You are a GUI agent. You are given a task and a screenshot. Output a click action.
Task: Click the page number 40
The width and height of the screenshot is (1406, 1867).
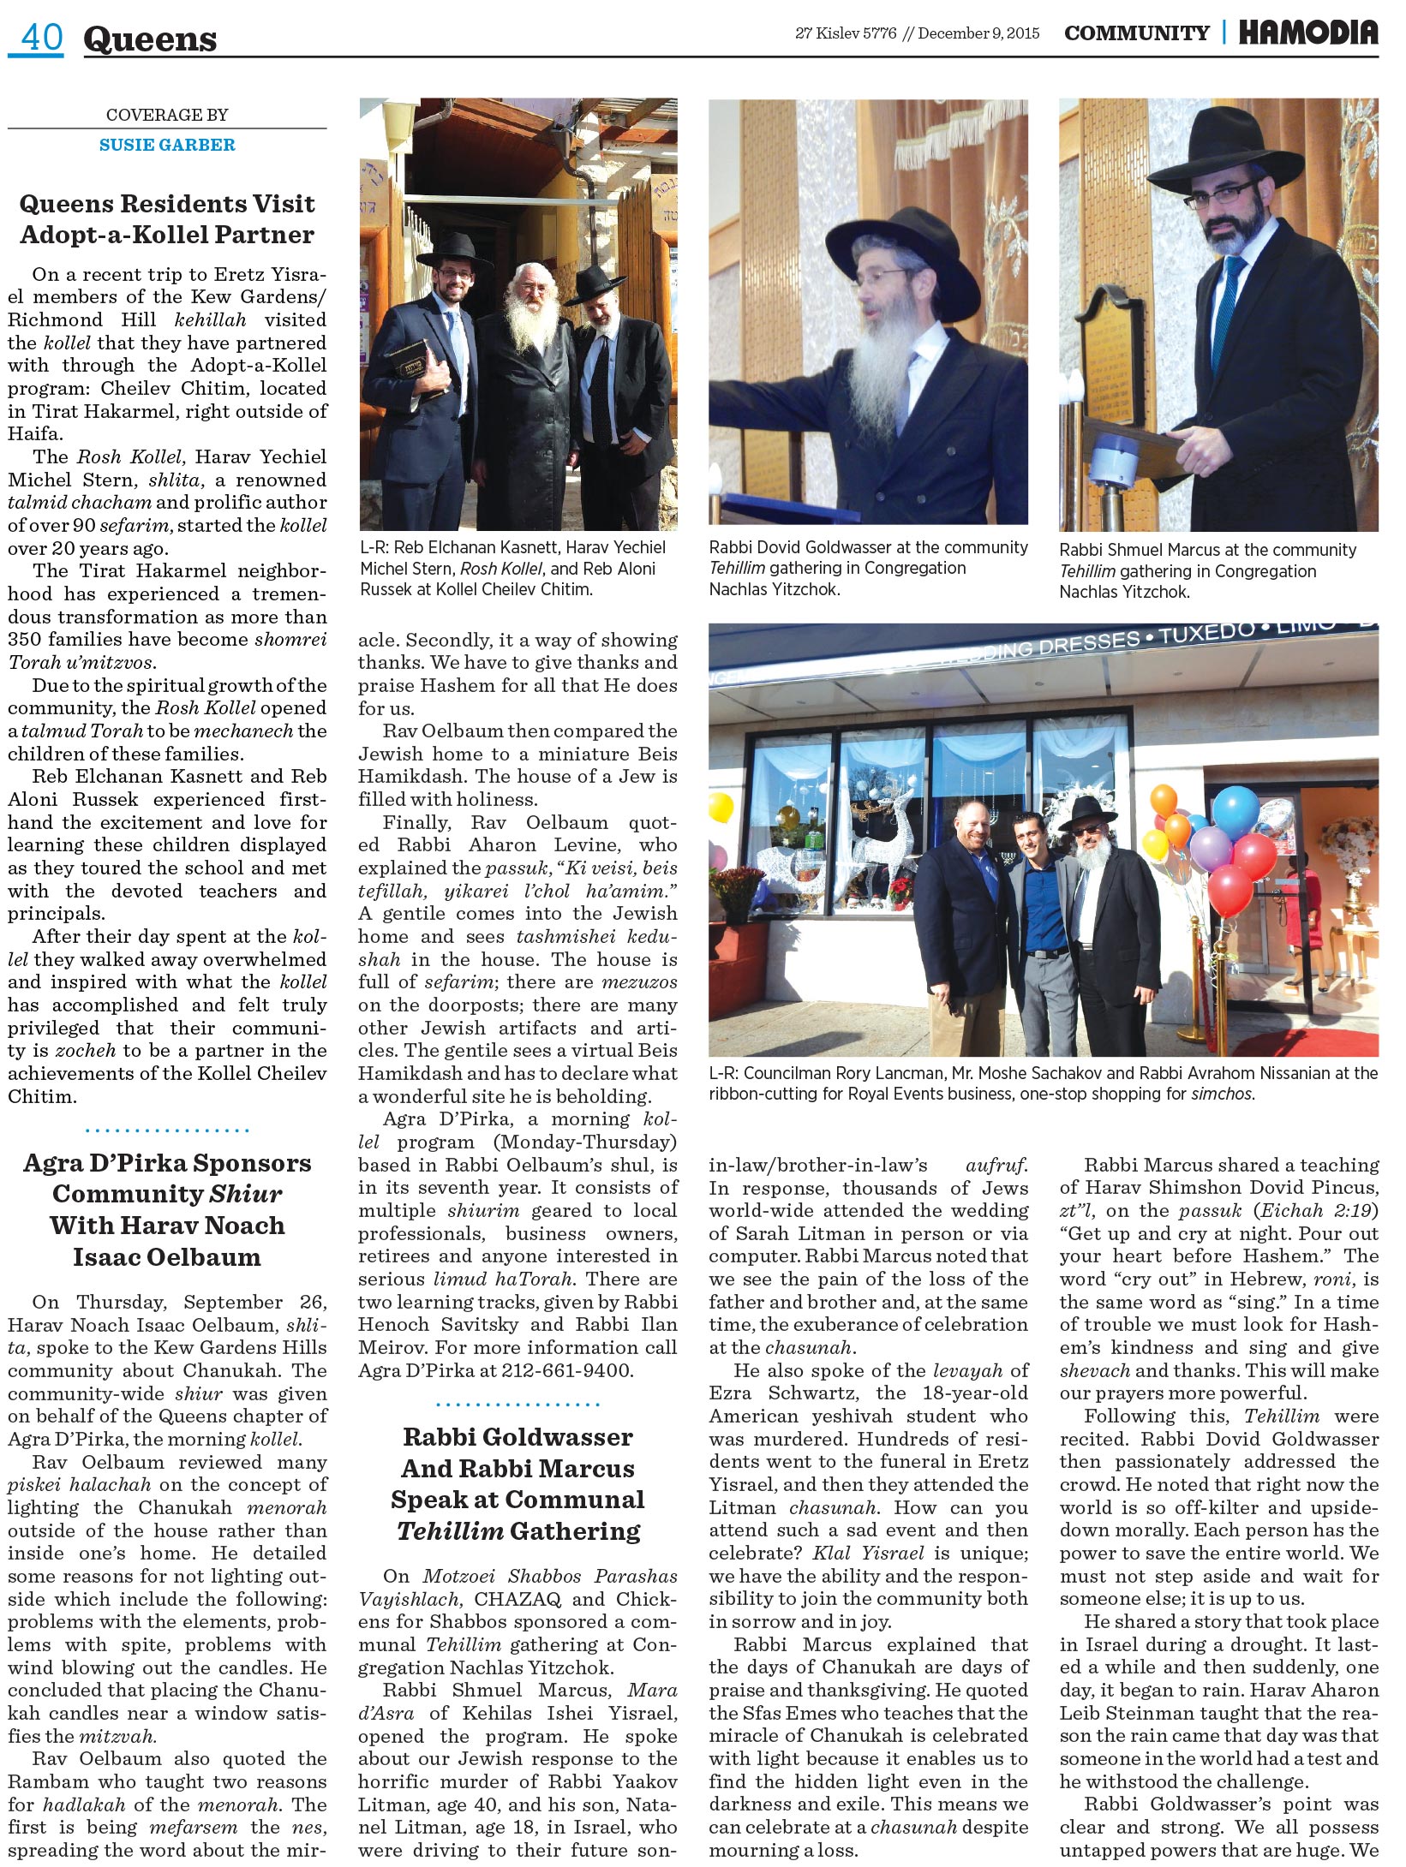[40, 38]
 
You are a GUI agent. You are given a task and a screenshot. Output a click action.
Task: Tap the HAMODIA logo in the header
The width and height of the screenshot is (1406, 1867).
[1307, 33]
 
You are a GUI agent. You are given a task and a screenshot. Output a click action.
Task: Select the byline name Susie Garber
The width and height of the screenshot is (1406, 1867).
[167, 145]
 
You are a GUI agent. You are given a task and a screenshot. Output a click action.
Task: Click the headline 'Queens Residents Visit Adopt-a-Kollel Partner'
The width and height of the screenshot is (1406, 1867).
[167, 219]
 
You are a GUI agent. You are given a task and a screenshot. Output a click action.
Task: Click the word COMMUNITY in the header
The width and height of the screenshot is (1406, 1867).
[1136, 33]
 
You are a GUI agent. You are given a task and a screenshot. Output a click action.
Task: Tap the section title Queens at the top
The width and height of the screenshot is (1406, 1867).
[150, 39]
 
